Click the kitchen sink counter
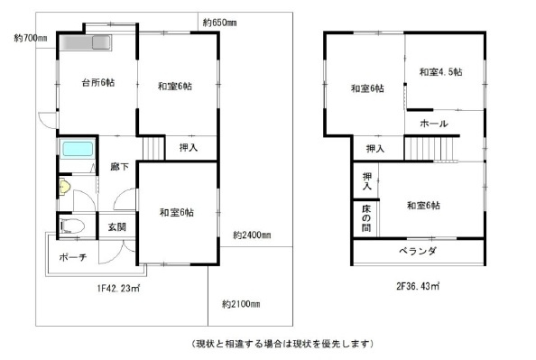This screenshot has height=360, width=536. point(86,42)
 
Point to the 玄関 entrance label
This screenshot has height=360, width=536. point(116,226)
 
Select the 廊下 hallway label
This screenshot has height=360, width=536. point(118,167)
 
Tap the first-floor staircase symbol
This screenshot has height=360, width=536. point(154,145)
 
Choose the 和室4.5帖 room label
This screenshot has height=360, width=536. point(440,71)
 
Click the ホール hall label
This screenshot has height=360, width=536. point(434,122)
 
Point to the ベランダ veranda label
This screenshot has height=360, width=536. point(420,252)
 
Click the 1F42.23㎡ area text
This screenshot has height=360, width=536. point(117,288)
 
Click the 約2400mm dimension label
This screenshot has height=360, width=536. point(252,235)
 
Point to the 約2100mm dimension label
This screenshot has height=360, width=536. point(241,303)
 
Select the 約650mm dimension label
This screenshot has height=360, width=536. point(219,22)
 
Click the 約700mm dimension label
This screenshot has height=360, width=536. point(31,39)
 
